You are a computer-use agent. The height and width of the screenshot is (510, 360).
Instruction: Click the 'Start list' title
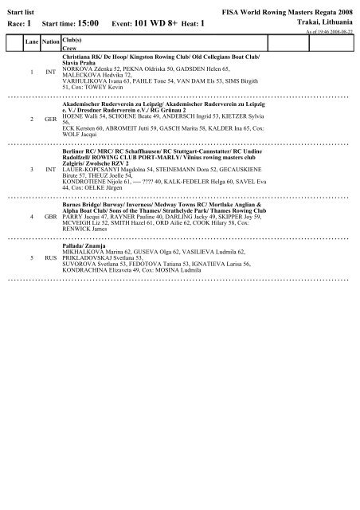click(x=18, y=9)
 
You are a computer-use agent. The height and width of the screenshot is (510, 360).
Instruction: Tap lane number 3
click(x=31, y=171)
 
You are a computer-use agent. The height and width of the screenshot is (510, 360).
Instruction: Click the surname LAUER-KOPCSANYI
click(x=88, y=167)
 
